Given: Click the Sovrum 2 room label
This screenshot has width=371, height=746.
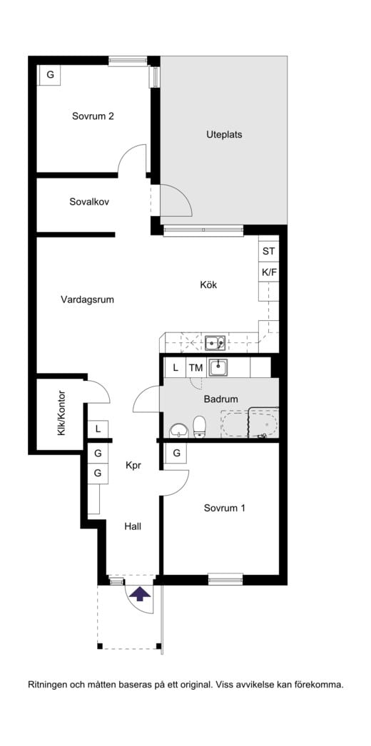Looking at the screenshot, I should click(x=93, y=116).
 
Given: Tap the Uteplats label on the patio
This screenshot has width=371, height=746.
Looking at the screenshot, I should click(x=219, y=134).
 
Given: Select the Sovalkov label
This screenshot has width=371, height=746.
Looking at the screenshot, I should click(x=89, y=202).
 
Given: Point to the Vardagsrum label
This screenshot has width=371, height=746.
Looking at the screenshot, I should click(x=87, y=300).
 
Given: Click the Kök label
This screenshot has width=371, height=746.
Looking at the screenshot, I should click(x=208, y=285).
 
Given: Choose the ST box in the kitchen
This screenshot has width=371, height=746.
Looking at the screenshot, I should click(x=268, y=251).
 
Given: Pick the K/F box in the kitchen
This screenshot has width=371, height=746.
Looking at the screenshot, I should click(x=268, y=272).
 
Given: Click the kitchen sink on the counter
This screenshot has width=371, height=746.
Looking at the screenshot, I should click(x=215, y=344).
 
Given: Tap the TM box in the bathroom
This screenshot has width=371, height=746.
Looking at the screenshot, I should click(x=195, y=368).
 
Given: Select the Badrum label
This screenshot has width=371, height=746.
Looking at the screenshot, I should click(x=220, y=399).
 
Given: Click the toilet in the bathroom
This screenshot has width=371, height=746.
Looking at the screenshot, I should click(x=200, y=426).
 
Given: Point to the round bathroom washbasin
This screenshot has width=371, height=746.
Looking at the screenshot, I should click(x=178, y=430).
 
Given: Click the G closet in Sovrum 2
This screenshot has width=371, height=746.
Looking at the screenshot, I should click(x=50, y=74).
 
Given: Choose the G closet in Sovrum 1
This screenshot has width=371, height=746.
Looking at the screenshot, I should click(x=176, y=454).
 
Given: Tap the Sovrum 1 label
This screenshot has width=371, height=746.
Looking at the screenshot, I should click(x=225, y=509).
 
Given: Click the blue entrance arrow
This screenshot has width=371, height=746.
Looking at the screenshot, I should click(x=141, y=593).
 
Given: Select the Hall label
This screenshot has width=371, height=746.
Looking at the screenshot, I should click(x=133, y=526).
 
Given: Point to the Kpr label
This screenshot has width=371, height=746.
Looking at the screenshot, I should click(x=133, y=466).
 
